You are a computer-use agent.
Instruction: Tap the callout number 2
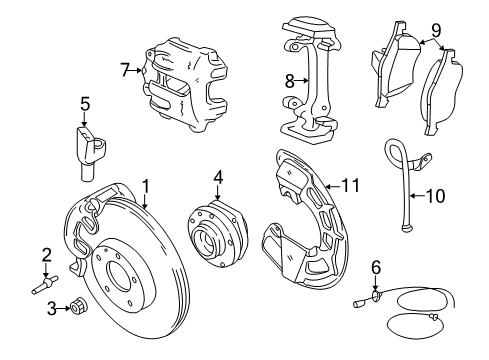(46, 253)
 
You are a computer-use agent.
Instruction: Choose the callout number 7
(124, 70)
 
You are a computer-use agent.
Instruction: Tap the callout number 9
(435, 30)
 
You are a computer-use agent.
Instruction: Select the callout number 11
(350, 185)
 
